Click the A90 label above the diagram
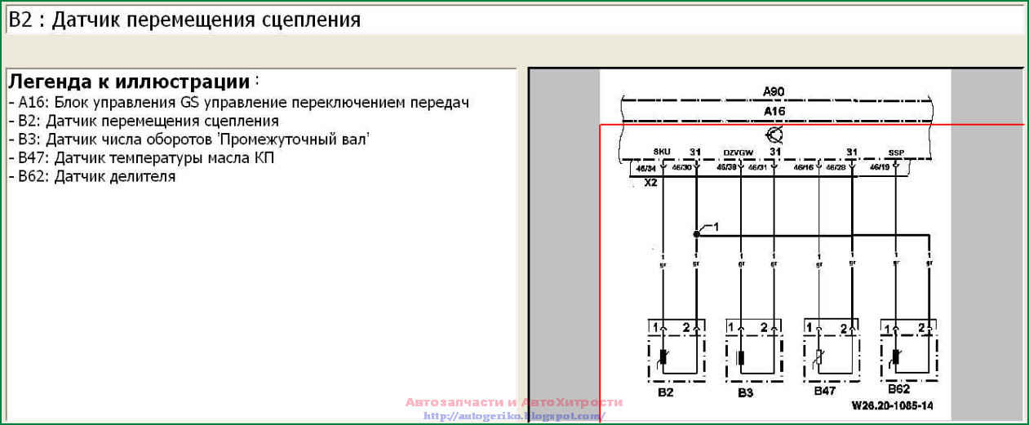[x=773, y=91]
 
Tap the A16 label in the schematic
[x=774, y=111]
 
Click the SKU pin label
[x=662, y=152]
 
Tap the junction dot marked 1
[x=696, y=233]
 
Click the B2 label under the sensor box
[x=665, y=392]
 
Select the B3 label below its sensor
[x=745, y=392]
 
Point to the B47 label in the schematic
[x=824, y=392]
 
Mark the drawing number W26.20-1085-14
[x=892, y=405]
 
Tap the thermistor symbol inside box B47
[x=819, y=357]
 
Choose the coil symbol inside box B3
[x=741, y=357]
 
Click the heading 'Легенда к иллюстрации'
[x=129, y=82]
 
